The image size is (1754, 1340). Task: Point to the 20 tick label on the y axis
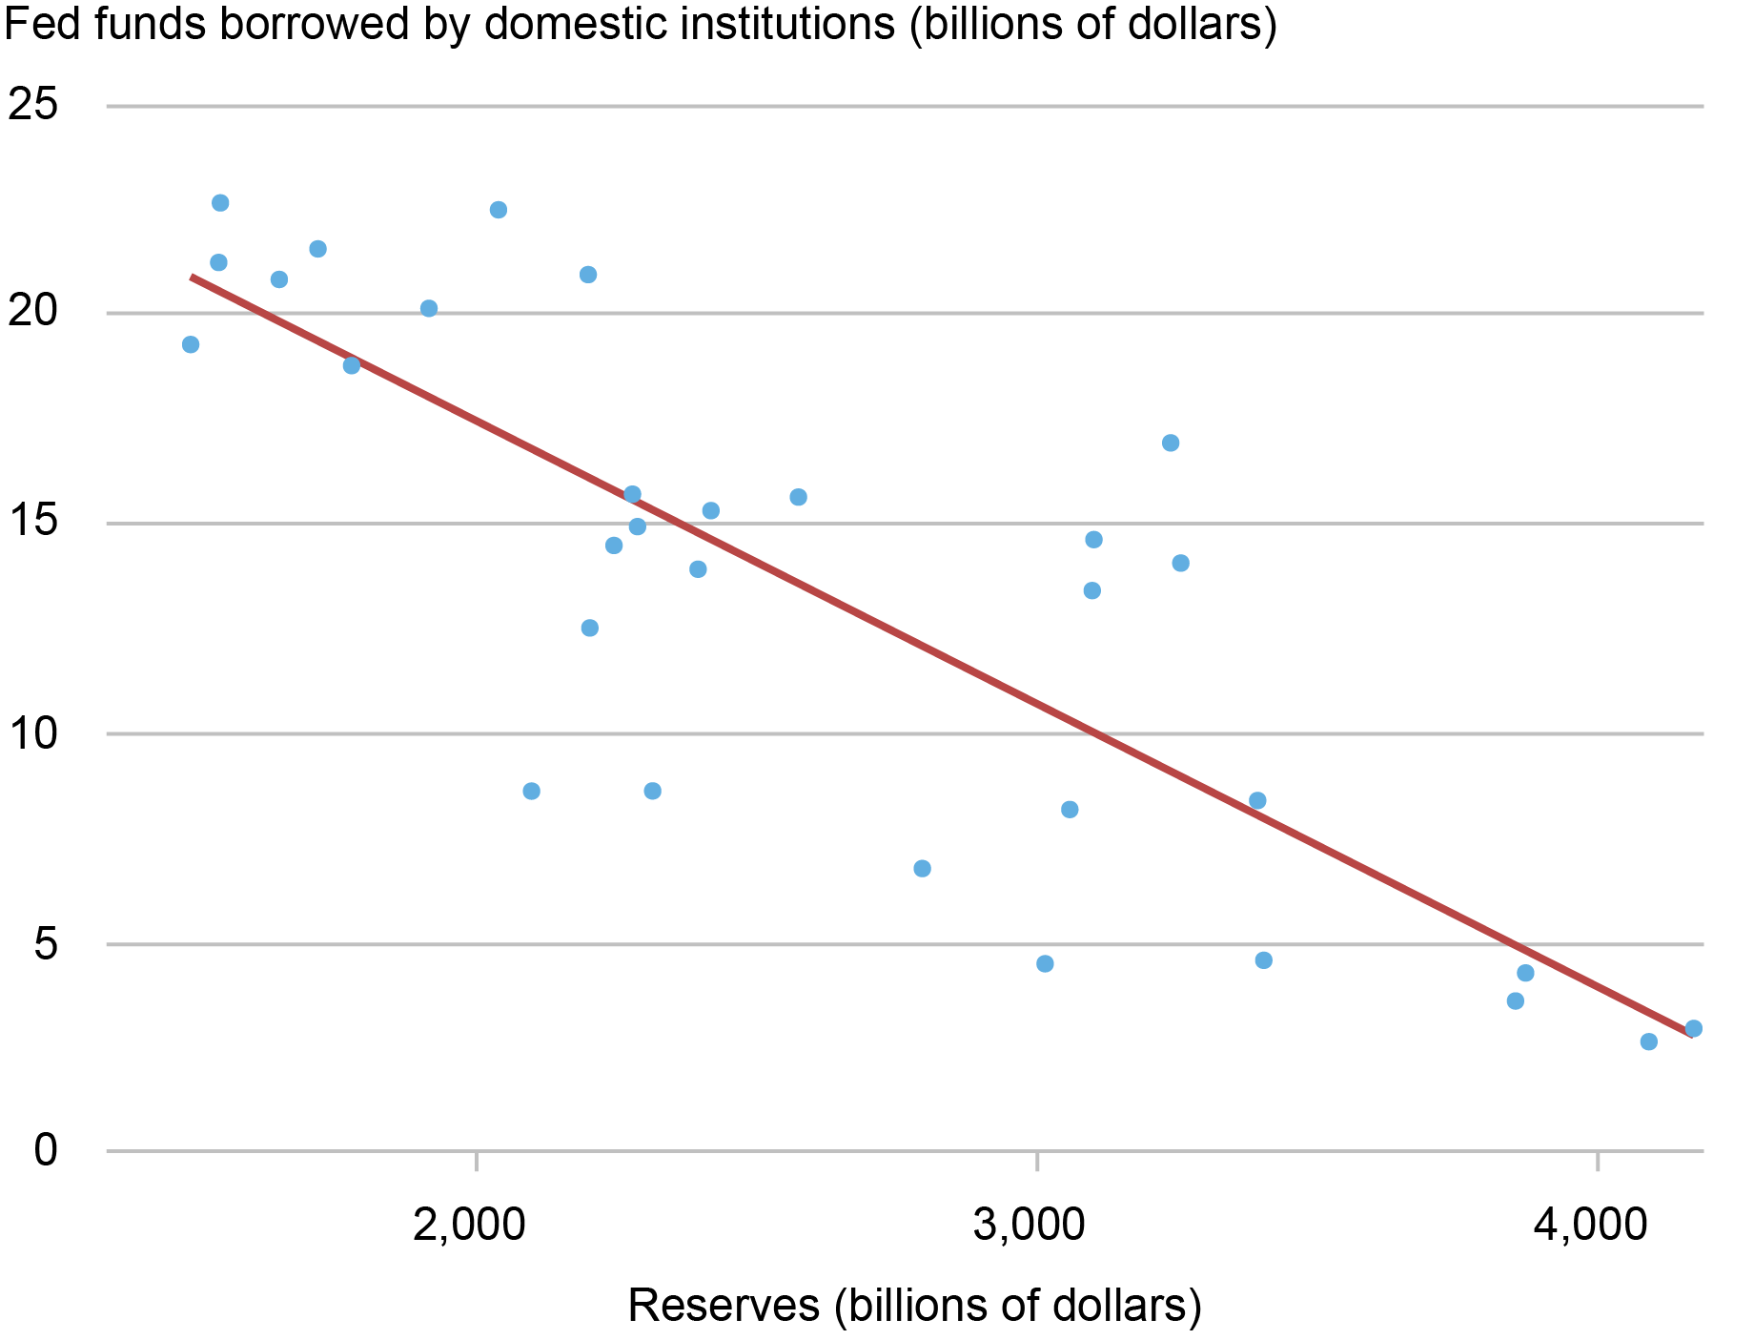(32, 312)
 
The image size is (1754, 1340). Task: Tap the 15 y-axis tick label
(32, 523)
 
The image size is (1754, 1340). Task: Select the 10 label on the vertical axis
(32, 733)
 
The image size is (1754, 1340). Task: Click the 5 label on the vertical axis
(46, 944)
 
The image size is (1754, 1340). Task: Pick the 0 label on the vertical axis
(46, 1151)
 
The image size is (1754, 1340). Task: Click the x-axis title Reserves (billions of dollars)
(914, 1306)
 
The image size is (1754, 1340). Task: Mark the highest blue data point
(220, 203)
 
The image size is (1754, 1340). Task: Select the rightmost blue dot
(1693, 1028)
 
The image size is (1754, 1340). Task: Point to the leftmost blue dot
(191, 344)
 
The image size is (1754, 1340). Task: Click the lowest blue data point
(1648, 1041)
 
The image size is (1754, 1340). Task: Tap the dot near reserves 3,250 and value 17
(1171, 443)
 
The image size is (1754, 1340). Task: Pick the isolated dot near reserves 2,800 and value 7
(922, 868)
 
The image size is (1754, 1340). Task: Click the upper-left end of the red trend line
(193, 277)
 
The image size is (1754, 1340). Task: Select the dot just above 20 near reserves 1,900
(429, 308)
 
